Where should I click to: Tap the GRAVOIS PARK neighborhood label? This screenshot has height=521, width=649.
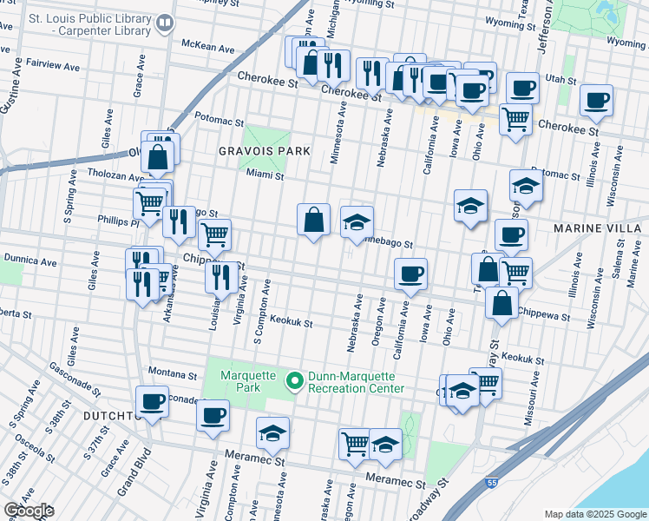pos(265,151)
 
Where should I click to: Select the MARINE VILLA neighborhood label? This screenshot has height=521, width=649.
pos(597,228)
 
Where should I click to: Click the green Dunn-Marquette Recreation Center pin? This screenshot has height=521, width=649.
pos(294,381)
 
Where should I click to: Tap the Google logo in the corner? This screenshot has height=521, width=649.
pos(28,511)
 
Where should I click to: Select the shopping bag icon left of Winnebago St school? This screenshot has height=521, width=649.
pos(313,220)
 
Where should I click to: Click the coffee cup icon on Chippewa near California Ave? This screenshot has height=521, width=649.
pos(410,274)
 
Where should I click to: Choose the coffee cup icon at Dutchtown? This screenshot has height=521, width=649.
pos(153,401)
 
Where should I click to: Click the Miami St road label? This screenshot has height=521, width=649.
pos(265,175)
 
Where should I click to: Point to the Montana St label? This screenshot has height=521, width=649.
pos(173,373)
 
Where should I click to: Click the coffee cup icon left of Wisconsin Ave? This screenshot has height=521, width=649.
pos(596,100)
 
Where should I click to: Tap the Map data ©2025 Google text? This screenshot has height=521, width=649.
pos(594,514)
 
